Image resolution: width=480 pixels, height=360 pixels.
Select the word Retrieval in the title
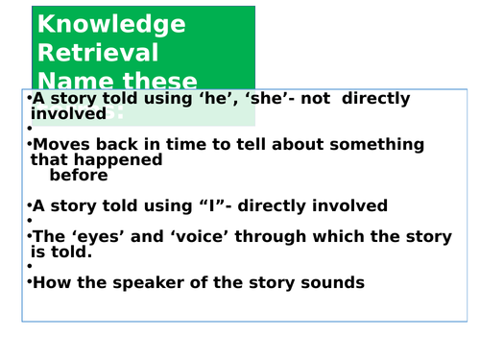(x=97, y=53)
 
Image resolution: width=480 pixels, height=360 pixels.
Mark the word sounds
(x=328, y=282)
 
